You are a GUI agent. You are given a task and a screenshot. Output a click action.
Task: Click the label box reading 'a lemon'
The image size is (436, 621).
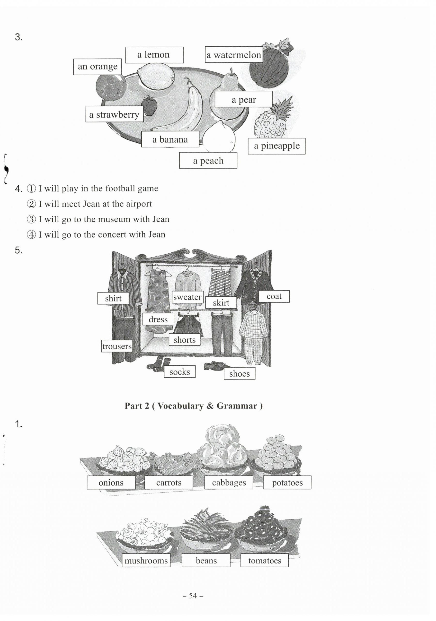pyautogui.click(x=154, y=55)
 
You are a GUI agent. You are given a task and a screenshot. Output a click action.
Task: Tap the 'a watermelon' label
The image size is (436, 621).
pyautogui.click(x=233, y=55)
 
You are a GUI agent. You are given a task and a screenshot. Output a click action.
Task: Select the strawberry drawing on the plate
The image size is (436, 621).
pyautogui.click(x=149, y=106)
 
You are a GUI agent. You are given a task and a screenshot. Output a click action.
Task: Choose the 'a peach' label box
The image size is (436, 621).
pyautogui.click(x=208, y=161)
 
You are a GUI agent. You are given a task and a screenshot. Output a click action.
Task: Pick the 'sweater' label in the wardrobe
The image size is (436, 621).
pyautogui.click(x=187, y=297)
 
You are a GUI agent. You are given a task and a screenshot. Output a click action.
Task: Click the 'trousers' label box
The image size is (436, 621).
pyautogui.click(x=117, y=346)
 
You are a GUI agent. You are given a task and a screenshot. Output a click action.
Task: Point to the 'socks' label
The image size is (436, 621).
pyautogui.click(x=179, y=372)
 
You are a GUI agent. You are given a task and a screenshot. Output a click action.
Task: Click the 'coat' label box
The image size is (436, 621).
pyautogui.click(x=274, y=296)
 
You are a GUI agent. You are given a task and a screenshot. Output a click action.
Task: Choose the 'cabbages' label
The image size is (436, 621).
pyautogui.click(x=229, y=483)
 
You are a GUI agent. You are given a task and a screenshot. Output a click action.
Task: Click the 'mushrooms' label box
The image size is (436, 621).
pyautogui.click(x=146, y=561)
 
